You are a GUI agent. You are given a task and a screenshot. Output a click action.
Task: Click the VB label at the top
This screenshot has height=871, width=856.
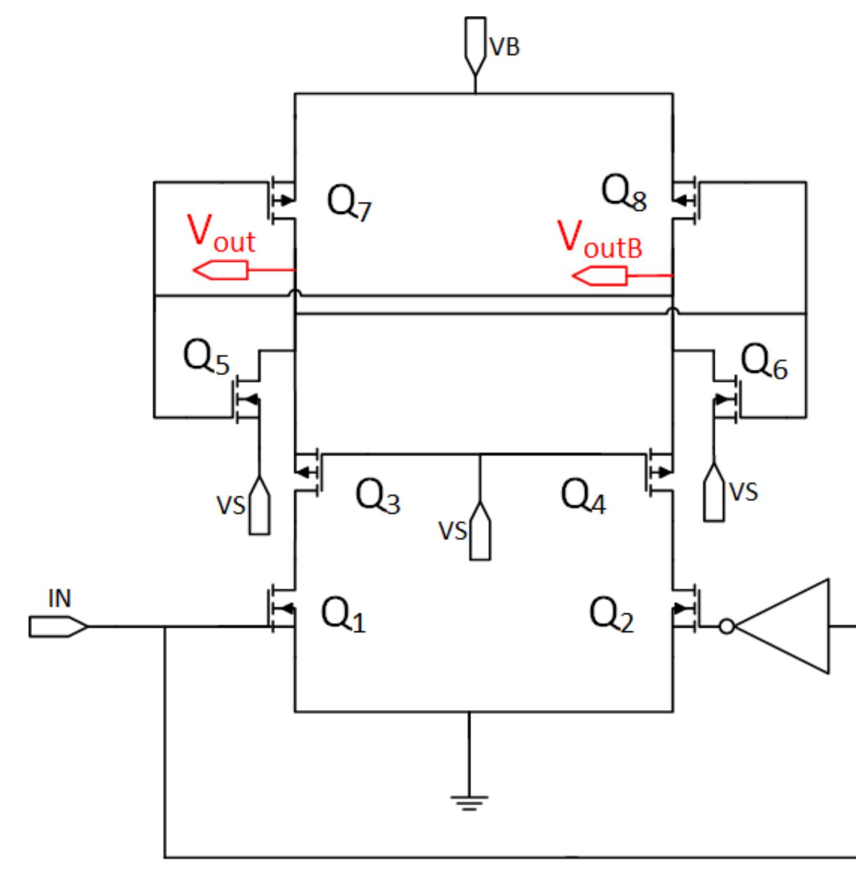pyautogui.click(x=504, y=47)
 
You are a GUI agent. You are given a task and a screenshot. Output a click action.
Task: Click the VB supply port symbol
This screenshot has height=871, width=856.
pyautogui.click(x=475, y=45)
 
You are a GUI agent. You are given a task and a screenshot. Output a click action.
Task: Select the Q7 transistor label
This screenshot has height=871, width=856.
pyautogui.click(x=349, y=202)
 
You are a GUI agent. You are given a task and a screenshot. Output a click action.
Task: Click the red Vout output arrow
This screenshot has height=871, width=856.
pyautogui.click(x=221, y=270)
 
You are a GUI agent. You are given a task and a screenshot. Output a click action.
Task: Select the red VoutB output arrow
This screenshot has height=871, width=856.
pyautogui.click(x=599, y=276)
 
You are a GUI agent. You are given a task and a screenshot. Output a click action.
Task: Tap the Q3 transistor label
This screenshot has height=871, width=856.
pyautogui.click(x=377, y=496)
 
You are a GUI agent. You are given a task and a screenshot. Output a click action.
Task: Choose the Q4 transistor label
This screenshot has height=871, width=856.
pyautogui.click(x=582, y=496)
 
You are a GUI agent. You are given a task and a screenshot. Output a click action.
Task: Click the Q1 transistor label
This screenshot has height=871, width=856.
pyautogui.click(x=343, y=615)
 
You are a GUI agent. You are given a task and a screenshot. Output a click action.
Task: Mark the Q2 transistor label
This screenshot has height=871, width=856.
pyautogui.click(x=611, y=615)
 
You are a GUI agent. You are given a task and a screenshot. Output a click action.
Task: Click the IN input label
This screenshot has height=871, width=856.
pyautogui.click(x=59, y=599)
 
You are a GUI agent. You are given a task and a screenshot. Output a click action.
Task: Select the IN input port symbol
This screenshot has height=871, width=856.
pyautogui.click(x=58, y=627)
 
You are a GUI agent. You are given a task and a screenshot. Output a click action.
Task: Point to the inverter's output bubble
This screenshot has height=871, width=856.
pyautogui.click(x=727, y=627)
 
